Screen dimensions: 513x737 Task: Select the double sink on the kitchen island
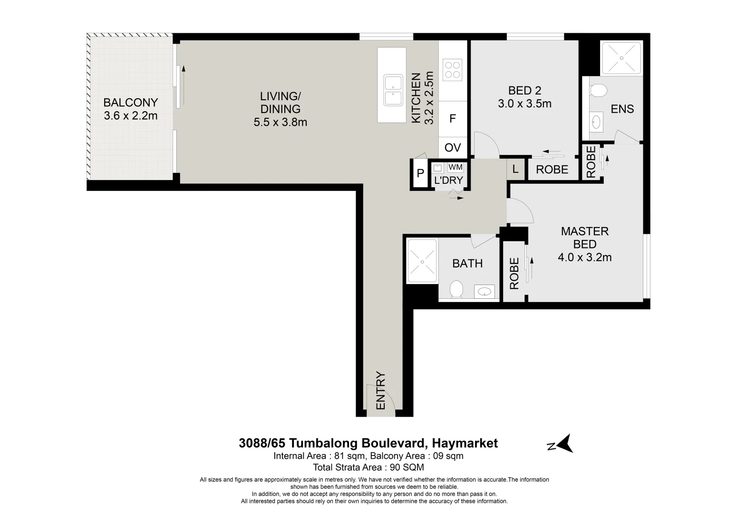(393, 91)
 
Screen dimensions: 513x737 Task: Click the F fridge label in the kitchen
(453, 119)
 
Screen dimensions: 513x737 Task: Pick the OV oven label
(453, 148)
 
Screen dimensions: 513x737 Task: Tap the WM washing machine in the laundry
(455, 168)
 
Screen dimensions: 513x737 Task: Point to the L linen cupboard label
(515, 169)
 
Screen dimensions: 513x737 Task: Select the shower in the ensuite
(621, 57)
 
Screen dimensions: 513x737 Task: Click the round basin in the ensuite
(595, 123)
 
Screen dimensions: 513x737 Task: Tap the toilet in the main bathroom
(456, 289)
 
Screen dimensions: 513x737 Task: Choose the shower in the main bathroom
(421, 261)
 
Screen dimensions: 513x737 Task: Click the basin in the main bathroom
(485, 291)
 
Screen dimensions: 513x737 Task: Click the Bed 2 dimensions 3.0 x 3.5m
(524, 104)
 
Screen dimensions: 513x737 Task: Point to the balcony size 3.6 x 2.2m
(130, 115)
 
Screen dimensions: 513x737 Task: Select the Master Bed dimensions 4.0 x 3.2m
(584, 257)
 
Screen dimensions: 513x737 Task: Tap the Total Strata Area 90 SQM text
(368, 467)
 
